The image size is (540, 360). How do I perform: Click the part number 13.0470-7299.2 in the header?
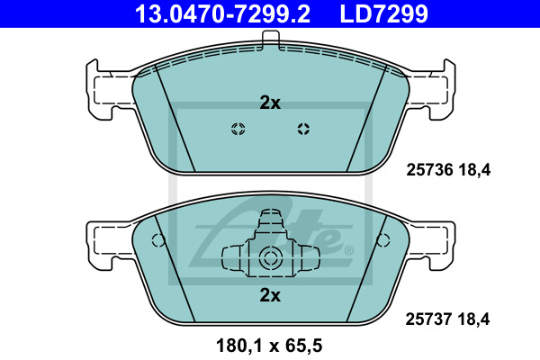coord(223,13)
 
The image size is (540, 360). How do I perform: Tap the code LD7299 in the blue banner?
coord(384,13)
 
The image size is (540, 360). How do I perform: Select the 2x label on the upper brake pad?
coord(270,103)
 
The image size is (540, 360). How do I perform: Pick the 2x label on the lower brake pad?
coord(270,295)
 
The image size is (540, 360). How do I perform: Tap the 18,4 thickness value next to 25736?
coord(474,170)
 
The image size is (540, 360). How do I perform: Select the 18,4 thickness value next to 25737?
coord(473,319)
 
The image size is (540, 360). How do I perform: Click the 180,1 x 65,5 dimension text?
coord(269,346)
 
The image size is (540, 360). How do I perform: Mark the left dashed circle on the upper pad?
coord(238,129)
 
